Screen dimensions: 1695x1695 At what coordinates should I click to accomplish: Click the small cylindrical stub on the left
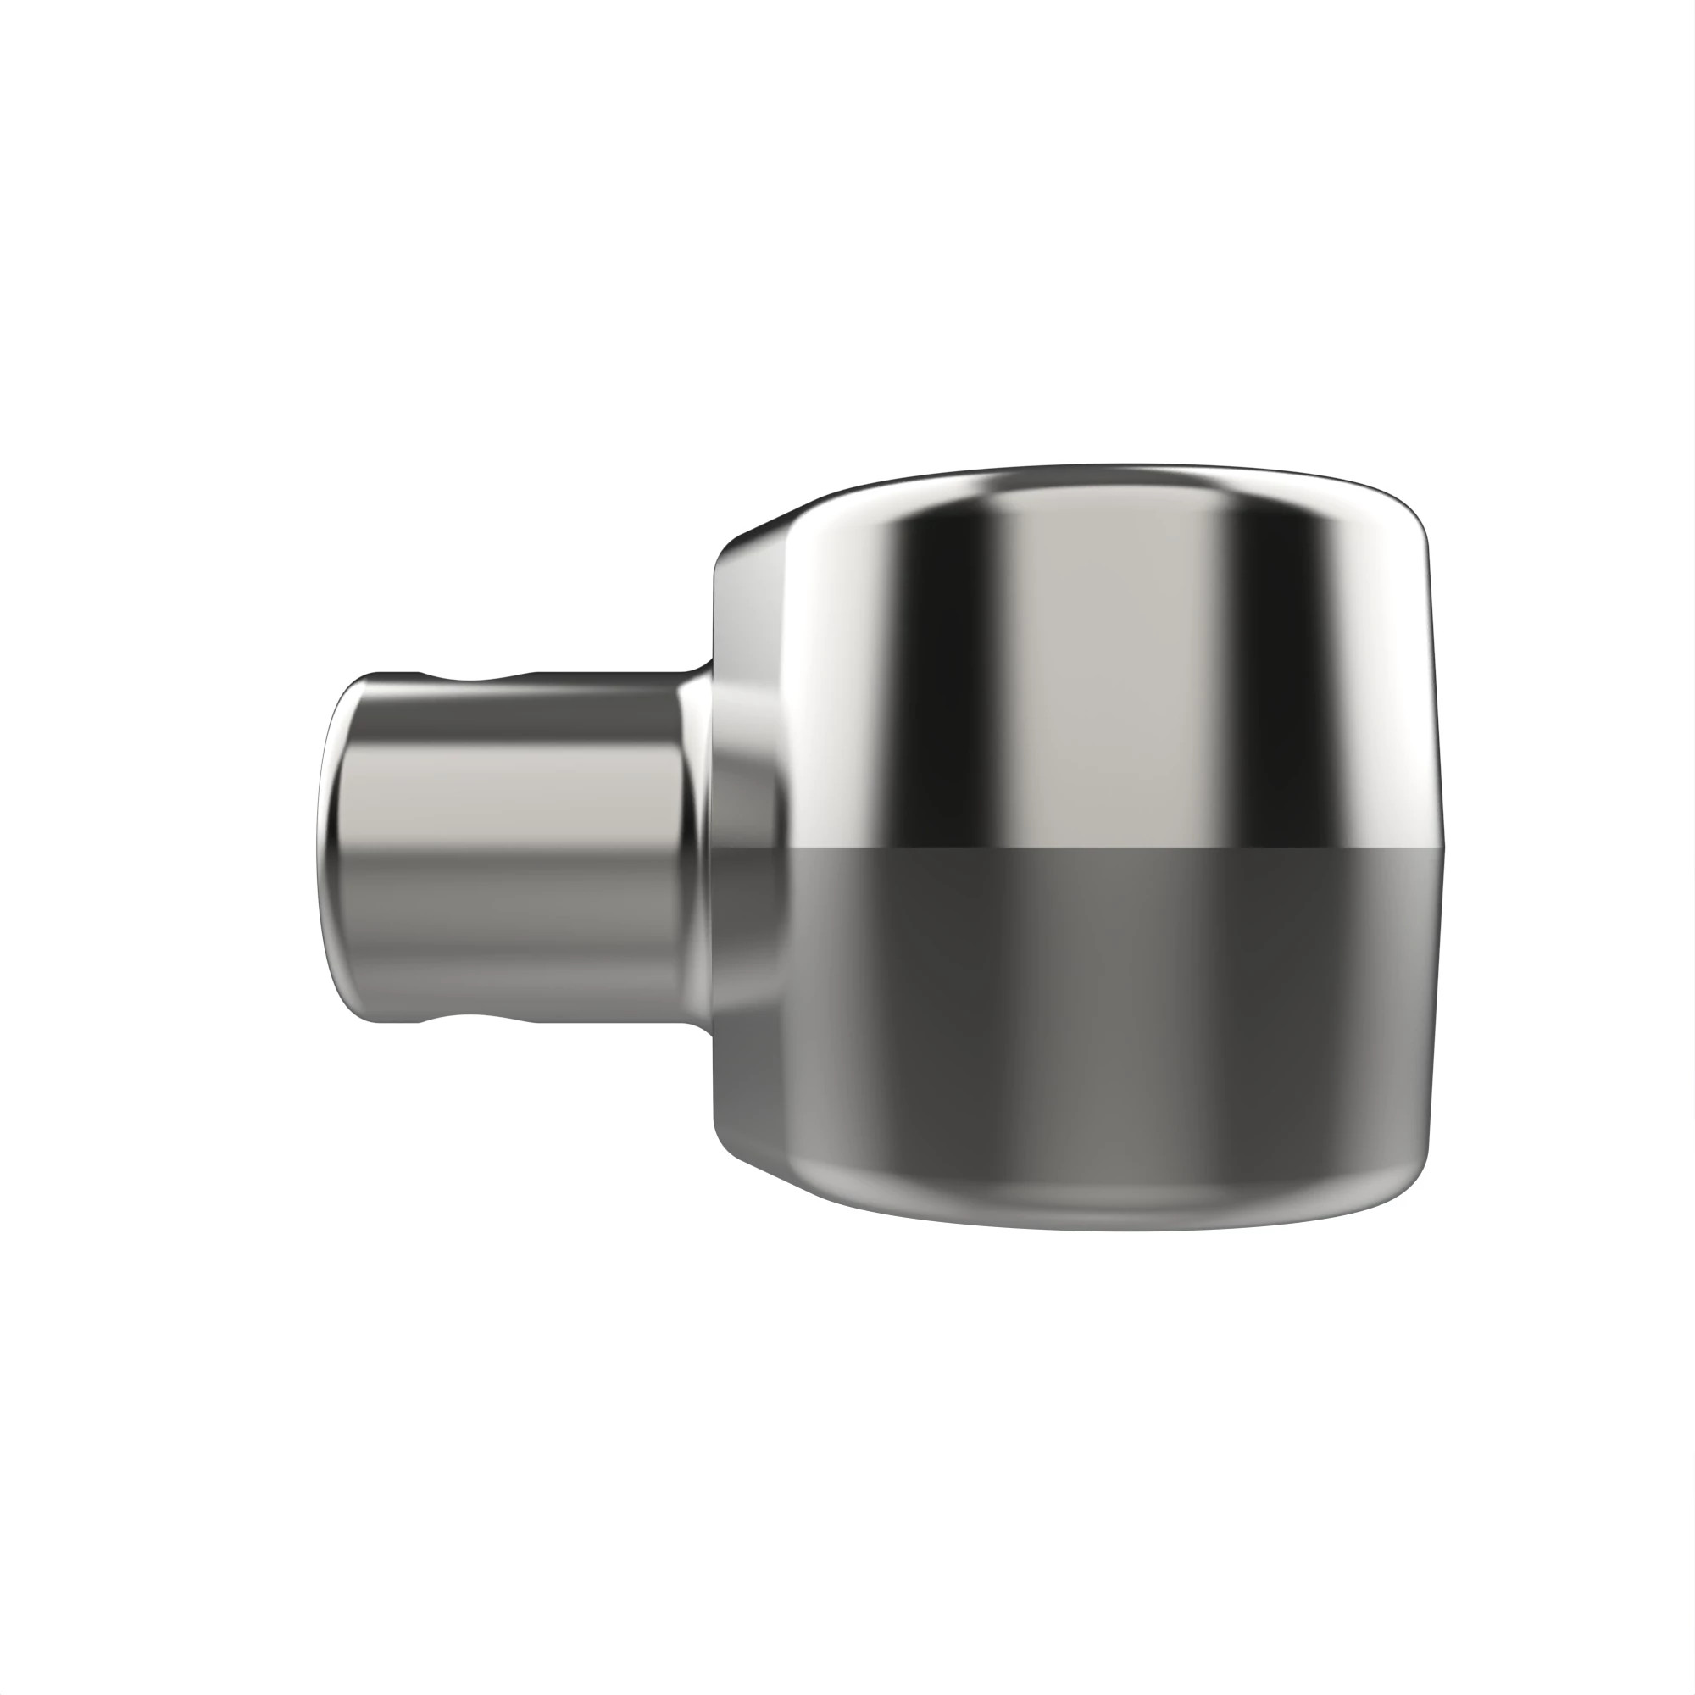click(508, 847)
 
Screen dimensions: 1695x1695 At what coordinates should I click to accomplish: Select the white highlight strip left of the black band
click(842, 667)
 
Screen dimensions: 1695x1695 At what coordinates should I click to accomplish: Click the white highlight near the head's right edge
click(1395, 684)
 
